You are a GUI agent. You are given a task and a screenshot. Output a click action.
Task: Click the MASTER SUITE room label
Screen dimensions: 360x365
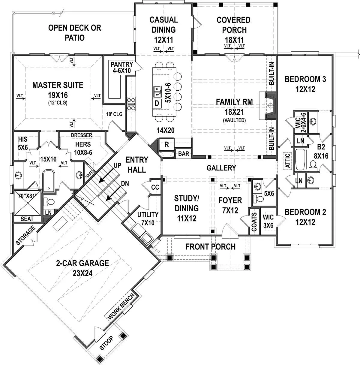tap(58, 85)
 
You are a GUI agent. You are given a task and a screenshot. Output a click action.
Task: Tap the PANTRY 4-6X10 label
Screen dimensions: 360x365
tap(122, 68)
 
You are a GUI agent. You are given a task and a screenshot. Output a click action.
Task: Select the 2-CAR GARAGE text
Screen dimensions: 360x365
tap(82, 263)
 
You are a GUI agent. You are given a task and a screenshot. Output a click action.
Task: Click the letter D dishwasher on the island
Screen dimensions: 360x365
tap(157, 104)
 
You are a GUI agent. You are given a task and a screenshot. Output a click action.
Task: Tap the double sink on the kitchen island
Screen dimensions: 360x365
tap(157, 92)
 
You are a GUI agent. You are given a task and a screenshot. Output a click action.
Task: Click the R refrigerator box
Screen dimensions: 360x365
tap(166, 144)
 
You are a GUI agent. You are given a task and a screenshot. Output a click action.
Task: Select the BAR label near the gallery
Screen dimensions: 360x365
tap(184, 154)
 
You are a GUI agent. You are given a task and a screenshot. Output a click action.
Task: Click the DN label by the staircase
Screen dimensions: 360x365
tap(125, 183)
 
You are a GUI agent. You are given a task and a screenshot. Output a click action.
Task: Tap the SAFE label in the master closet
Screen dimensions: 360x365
tap(90, 174)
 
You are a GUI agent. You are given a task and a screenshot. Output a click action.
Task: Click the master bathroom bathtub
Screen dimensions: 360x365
tap(49, 181)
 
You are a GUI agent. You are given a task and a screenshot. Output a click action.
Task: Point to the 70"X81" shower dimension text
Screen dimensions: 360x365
tap(27, 196)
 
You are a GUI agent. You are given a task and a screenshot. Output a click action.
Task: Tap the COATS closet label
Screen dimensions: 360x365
tap(254, 222)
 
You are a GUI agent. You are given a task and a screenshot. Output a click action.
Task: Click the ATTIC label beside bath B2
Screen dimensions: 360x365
tap(287, 161)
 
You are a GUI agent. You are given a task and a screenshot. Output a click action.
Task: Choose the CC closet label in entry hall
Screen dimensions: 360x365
tap(155, 187)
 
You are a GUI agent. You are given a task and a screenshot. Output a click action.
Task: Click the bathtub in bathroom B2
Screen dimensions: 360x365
tap(301, 159)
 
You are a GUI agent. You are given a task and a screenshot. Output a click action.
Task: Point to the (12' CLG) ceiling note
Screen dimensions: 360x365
tap(58, 103)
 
